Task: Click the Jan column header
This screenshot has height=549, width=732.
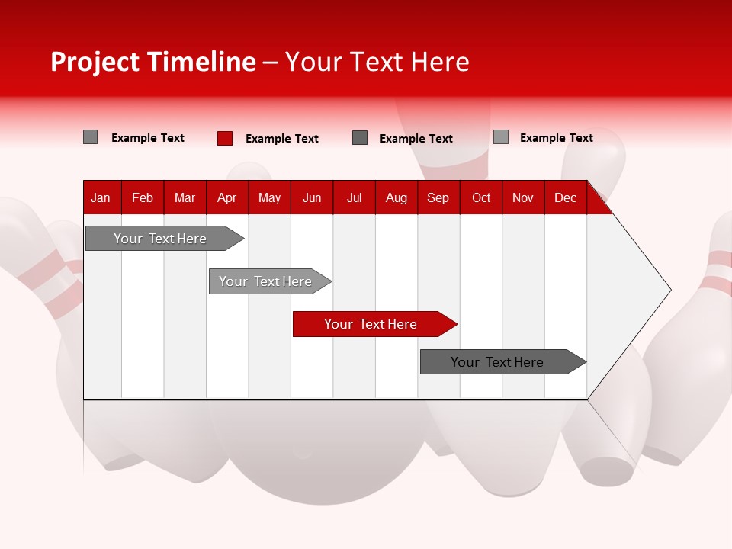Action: point(101,197)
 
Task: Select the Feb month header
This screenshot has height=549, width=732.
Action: point(143,197)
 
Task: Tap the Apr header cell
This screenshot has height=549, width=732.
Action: point(226,197)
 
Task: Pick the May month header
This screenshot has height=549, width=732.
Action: point(269,197)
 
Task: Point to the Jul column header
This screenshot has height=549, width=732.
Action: point(354,197)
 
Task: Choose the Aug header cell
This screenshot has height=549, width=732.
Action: point(396,197)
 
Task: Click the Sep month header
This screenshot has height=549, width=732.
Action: point(438,197)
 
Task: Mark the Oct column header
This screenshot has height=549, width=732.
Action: point(481,197)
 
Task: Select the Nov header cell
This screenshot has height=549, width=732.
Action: point(523,197)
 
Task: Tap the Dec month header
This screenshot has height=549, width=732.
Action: point(565,197)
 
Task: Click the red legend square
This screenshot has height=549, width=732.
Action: point(225,138)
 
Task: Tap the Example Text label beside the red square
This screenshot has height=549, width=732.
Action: point(281,139)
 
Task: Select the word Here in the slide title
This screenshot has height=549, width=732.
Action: point(440,62)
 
